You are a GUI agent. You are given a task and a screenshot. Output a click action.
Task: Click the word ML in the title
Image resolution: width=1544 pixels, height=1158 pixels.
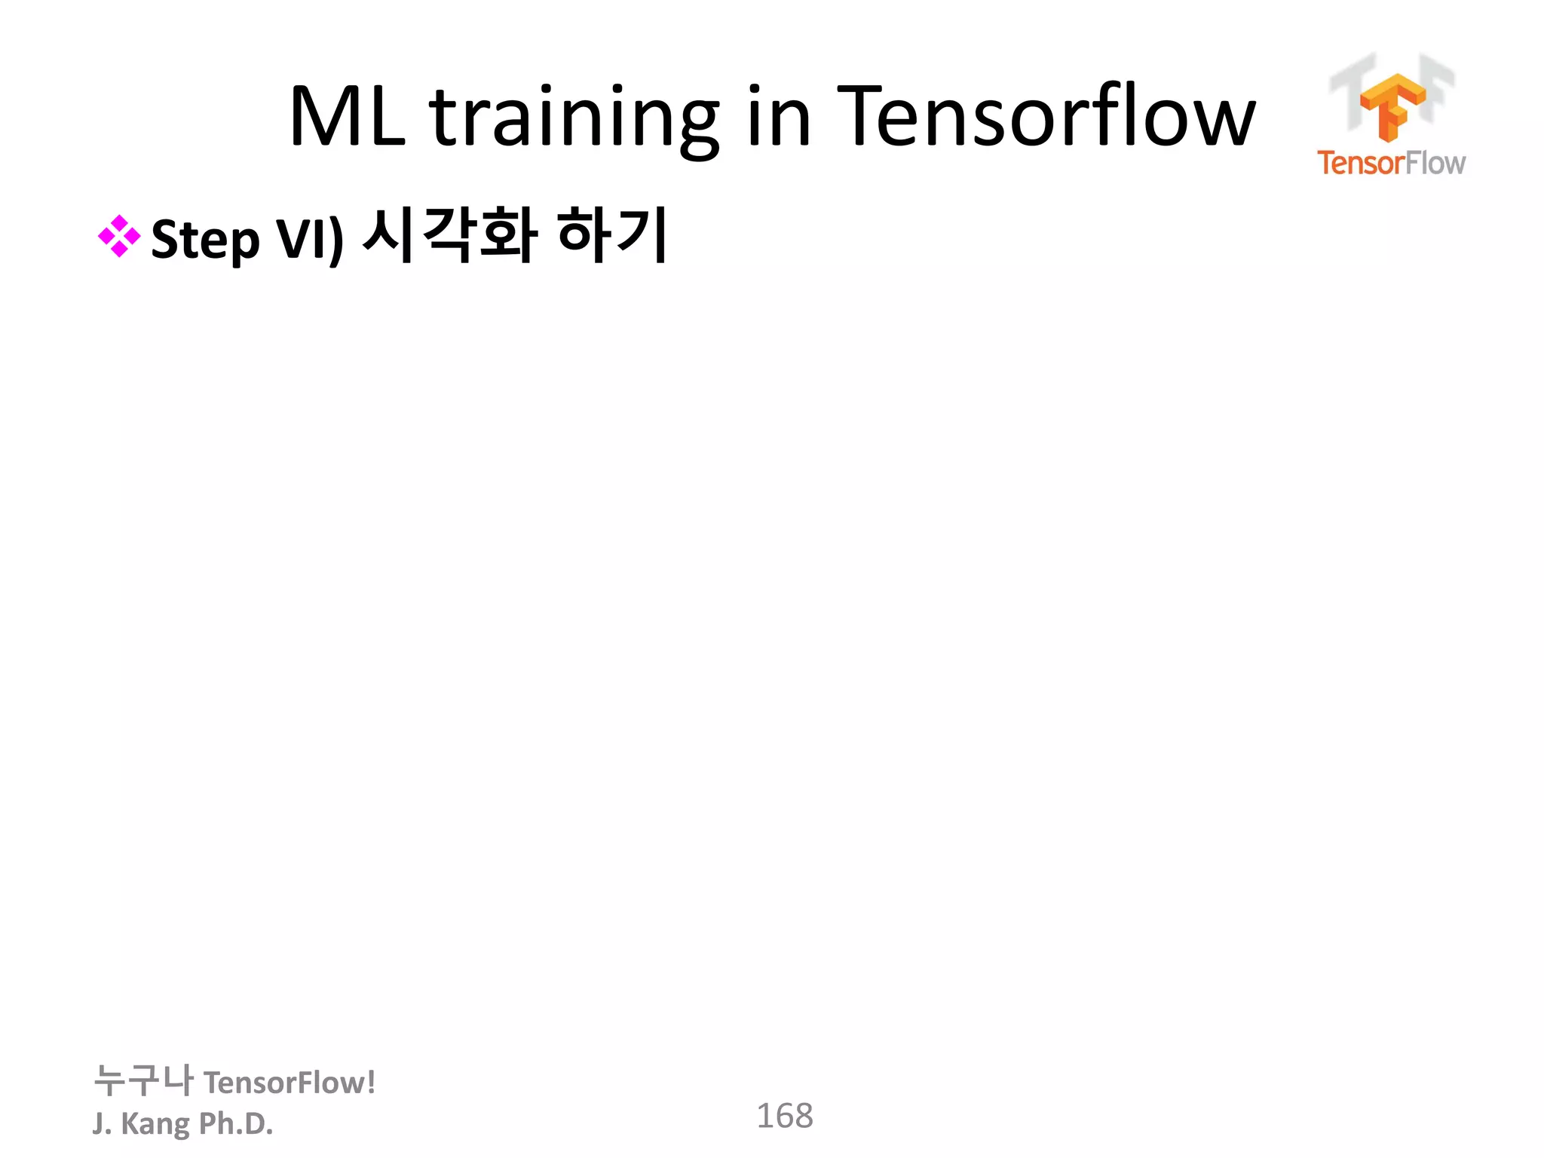[348, 117]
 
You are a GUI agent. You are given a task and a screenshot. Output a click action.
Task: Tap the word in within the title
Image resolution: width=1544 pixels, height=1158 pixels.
[779, 117]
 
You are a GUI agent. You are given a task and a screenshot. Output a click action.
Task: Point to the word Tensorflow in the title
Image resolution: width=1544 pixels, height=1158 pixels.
[1046, 117]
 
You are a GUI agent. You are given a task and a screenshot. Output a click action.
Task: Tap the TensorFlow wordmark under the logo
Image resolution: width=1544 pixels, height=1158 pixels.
[1391, 163]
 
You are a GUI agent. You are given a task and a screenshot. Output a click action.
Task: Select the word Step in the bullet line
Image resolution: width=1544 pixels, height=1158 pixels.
[205, 240]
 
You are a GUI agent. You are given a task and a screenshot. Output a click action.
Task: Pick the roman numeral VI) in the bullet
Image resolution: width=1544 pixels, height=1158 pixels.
[310, 240]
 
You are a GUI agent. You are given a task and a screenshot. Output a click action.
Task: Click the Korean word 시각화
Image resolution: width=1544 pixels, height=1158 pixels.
[450, 235]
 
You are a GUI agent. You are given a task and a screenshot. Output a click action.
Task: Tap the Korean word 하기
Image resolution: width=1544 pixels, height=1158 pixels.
[612, 235]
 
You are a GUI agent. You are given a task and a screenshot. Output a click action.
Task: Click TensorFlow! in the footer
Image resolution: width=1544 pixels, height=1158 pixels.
[289, 1083]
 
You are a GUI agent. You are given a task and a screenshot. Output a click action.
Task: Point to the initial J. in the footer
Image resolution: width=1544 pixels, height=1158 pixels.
[102, 1123]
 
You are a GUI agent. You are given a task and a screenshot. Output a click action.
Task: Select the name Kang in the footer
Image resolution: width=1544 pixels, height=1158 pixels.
[155, 1124]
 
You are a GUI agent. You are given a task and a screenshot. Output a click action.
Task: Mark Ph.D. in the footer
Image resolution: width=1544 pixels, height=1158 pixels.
[236, 1123]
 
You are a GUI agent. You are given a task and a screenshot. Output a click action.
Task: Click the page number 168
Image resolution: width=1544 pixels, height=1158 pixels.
[784, 1116]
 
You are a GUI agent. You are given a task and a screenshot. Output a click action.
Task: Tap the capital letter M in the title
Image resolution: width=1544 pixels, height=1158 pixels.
[324, 117]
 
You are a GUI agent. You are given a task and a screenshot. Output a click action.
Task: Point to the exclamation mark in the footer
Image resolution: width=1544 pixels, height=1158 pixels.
[370, 1083]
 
